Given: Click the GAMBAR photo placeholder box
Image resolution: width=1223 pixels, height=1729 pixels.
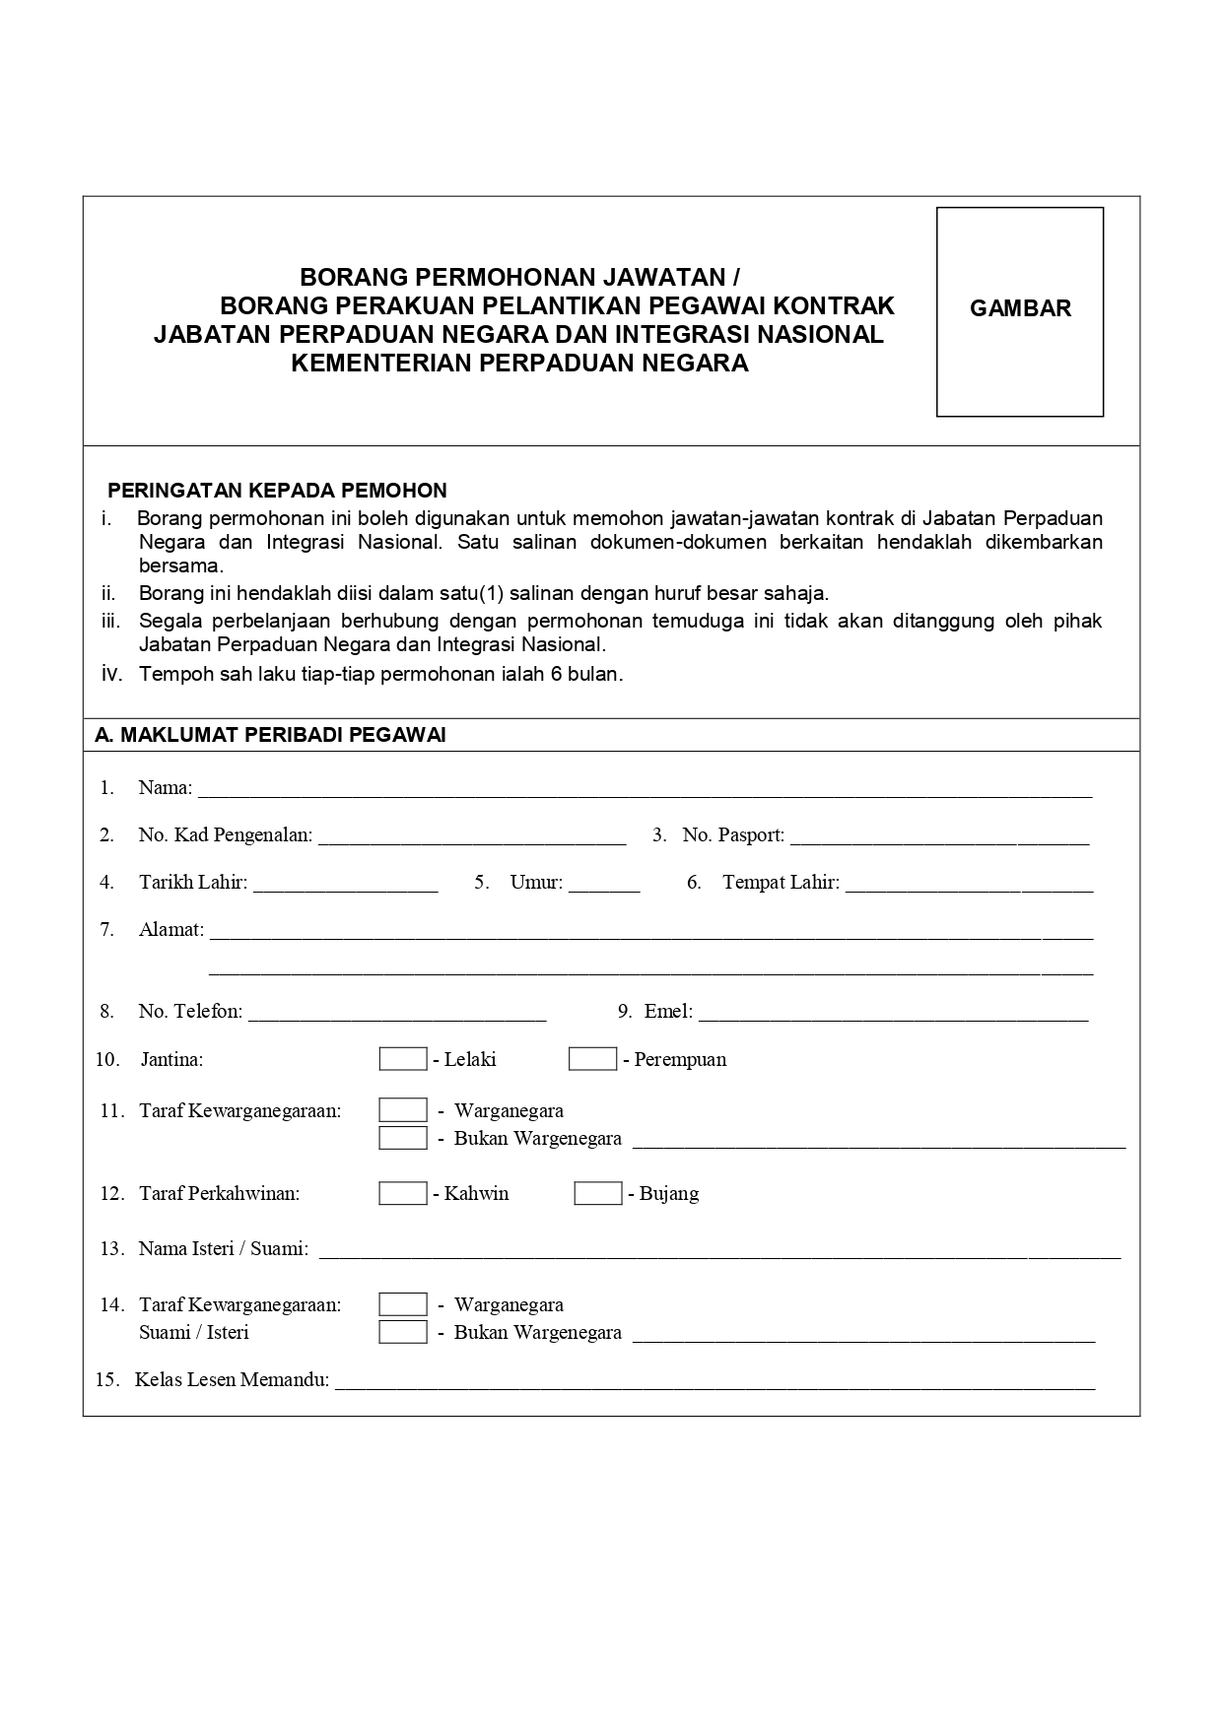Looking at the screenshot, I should tap(1019, 311).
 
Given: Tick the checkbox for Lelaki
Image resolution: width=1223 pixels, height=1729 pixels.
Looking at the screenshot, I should tap(403, 1059).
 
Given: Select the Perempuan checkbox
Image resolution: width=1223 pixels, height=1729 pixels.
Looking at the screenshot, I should tap(592, 1059).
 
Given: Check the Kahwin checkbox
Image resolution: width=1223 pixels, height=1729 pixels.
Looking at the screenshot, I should tap(403, 1193).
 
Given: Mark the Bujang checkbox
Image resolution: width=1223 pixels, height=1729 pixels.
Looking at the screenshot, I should tap(598, 1193).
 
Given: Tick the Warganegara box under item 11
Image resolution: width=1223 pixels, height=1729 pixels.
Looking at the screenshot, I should tap(403, 1110).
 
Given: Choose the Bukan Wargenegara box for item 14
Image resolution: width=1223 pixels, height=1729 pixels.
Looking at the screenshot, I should tap(403, 1332).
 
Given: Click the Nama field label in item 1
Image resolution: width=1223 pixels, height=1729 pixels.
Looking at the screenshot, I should tap(165, 787).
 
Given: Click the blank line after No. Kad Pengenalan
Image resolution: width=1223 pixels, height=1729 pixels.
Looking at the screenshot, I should tap(472, 837).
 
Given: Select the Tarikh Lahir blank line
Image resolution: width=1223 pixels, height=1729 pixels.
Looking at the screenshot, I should tap(345, 885).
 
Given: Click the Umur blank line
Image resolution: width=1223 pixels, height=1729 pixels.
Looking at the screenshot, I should tap(604, 885).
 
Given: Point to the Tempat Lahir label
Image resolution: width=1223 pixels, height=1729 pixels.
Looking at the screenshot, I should tap(781, 882).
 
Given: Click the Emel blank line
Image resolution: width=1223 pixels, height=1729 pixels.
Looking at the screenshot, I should tap(893, 1014).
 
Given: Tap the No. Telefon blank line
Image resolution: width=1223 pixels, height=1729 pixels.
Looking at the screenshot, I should tap(397, 1014).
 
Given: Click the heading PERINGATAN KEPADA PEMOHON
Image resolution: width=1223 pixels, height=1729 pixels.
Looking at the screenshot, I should tap(277, 491).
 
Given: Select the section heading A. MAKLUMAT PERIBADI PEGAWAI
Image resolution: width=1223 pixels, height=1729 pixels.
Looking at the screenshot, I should tap(270, 735).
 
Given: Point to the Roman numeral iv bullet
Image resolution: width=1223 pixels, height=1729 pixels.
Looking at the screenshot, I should tap(111, 674).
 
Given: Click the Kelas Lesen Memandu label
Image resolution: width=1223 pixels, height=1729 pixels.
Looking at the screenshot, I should tap(232, 1379).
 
